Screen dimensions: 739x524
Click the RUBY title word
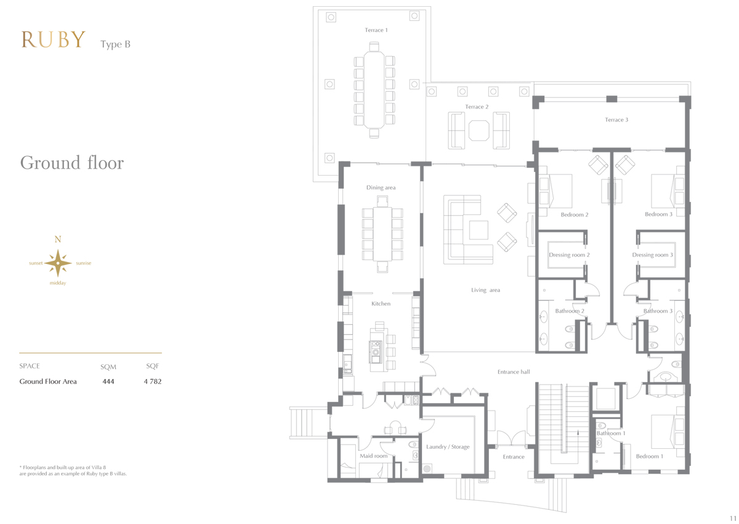54,40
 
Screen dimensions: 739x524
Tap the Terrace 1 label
376,30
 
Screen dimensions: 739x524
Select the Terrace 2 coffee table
479,131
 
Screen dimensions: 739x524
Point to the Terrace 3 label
616,120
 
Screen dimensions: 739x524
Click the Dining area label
381,187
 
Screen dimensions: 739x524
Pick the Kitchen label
381,303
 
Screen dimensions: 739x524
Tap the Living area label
485,290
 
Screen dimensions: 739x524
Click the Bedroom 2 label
575,215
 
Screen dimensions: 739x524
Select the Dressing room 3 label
652,255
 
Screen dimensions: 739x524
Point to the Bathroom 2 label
570,311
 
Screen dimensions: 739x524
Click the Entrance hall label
514,372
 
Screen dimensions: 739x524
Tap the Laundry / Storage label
448,447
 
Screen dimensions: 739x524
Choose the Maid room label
373,456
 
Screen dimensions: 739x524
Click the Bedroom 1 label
649,456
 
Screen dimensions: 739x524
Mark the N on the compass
58,239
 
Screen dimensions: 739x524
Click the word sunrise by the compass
84,263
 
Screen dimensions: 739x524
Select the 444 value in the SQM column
108,382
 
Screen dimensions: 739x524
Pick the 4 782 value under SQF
153,382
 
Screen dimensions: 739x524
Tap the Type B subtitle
115,44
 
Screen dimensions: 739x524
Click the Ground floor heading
72,163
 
